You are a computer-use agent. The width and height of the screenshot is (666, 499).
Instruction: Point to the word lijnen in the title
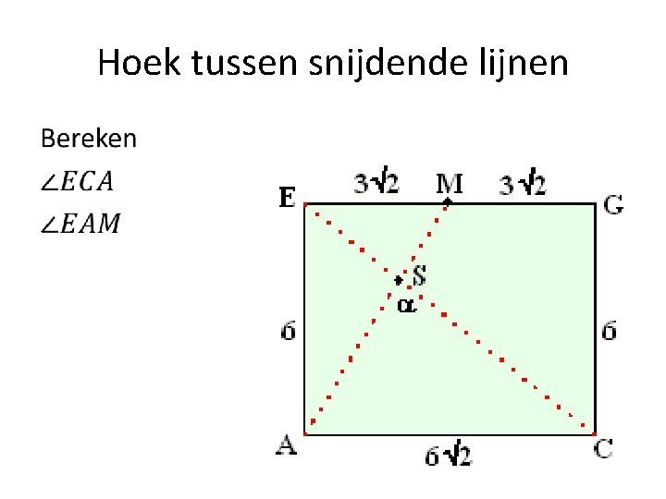524,64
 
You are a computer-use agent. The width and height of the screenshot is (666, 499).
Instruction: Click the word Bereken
88,140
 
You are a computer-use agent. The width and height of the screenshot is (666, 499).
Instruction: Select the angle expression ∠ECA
77,181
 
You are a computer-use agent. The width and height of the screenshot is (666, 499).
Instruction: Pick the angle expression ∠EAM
80,223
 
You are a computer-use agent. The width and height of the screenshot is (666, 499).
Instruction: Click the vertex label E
288,197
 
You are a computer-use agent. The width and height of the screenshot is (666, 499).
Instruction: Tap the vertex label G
612,205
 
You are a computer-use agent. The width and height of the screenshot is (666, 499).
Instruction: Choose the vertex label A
287,445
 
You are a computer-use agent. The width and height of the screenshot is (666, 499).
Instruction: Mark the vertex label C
603,448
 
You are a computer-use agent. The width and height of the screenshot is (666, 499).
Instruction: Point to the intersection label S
419,274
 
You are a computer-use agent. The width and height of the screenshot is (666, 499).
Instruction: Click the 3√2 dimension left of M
376,183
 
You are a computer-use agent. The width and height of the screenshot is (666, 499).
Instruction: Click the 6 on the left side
289,330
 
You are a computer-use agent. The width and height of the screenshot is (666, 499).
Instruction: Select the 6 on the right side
609,330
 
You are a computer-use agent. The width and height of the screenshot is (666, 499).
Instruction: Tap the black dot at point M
449,201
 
